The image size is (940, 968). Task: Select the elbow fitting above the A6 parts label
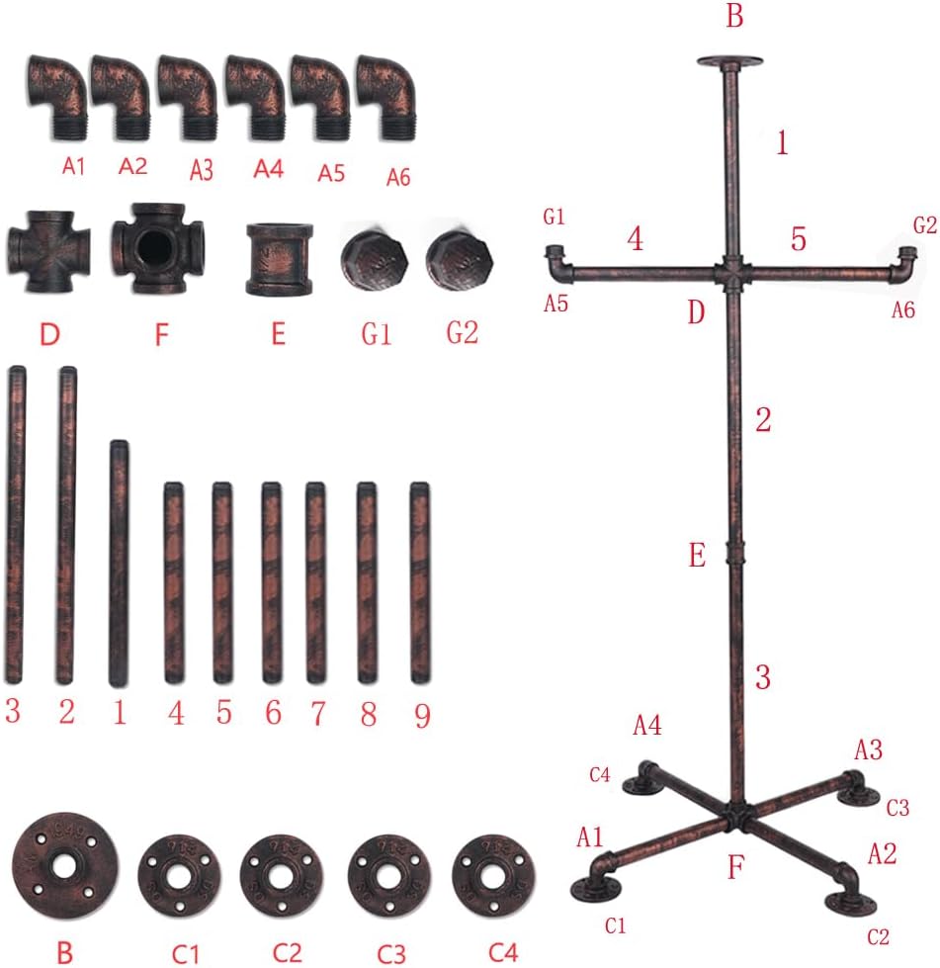(385, 96)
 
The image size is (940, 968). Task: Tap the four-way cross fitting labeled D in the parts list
(48, 251)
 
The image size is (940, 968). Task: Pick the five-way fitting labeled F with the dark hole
(157, 248)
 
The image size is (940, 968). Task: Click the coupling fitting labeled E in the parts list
(279, 259)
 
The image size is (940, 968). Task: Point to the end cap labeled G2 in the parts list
(460, 260)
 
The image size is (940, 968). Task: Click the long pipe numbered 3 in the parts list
(16, 525)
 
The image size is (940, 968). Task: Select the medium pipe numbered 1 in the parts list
(119, 563)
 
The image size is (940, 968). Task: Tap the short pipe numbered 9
(420, 582)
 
